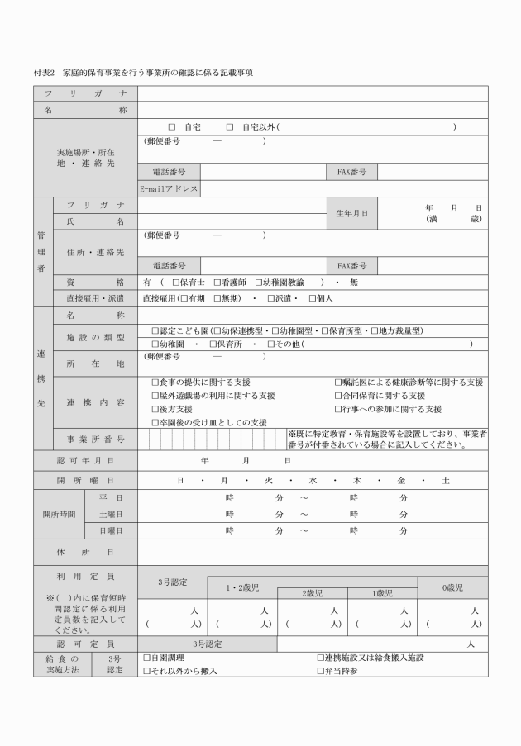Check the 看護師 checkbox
point(217,282)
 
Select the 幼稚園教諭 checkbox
point(259,282)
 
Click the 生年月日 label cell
point(352,212)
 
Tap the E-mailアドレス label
point(168,188)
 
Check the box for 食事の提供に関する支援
point(155,383)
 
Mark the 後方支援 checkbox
point(155,409)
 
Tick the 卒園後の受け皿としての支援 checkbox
point(155,422)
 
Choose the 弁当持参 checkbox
point(321,671)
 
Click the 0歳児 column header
point(452,587)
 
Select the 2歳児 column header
point(312,593)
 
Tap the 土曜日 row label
point(111,513)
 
